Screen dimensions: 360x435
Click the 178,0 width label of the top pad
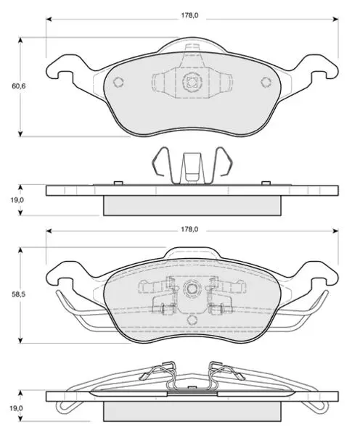click(189, 15)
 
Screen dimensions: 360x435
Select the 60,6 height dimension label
click(19, 86)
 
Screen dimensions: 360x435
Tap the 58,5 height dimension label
click(19, 294)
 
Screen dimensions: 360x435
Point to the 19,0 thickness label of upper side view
click(17, 200)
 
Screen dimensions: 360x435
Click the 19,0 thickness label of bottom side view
click(17, 408)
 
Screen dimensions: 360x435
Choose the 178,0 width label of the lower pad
click(189, 229)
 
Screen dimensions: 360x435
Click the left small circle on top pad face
click(118, 82)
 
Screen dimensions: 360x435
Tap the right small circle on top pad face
click(266, 82)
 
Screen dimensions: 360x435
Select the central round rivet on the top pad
click(192, 81)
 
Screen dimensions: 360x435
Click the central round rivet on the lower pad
click(192, 289)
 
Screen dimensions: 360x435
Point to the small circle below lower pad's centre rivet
click(192, 320)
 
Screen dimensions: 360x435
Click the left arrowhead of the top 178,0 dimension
click(49, 19)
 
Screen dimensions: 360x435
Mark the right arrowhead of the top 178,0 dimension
click(335, 19)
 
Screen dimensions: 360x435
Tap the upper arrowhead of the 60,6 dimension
click(20, 41)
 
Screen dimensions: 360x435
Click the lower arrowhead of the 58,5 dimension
click(20, 340)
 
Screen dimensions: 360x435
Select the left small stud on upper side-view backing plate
click(118, 183)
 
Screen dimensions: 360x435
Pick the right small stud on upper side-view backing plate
click(266, 183)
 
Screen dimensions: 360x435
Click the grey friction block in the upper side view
click(192, 206)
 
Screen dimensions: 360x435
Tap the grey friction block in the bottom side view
click(192, 411)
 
